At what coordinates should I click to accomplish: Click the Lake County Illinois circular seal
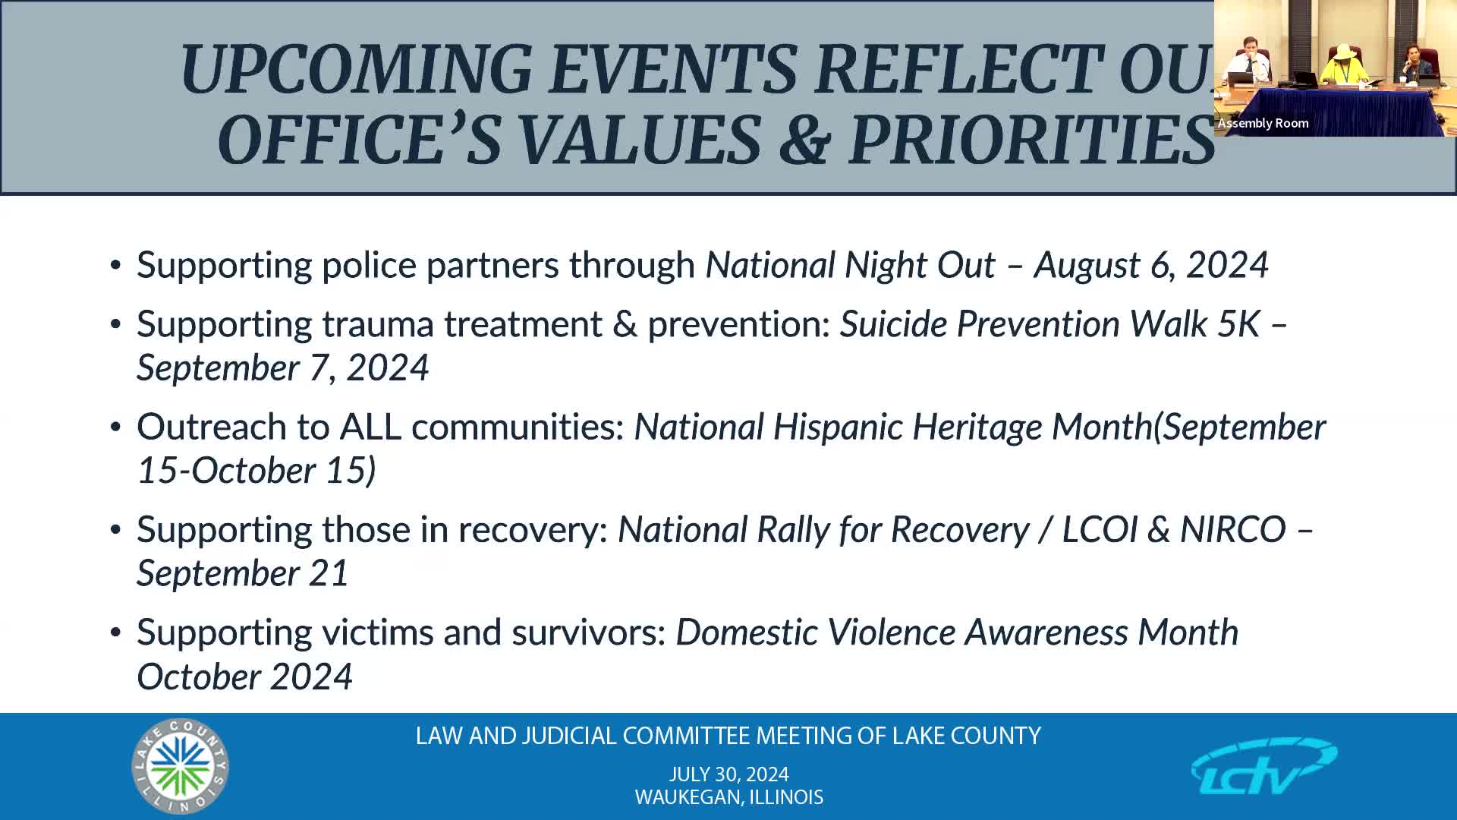(180, 766)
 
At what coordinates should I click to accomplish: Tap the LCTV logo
(1263, 767)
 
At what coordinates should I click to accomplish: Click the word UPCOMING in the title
(356, 69)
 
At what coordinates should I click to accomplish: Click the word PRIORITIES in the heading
(1031, 140)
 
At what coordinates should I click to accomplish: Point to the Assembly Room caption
(1263, 123)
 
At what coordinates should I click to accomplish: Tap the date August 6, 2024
(1150, 265)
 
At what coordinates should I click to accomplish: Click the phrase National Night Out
(850, 265)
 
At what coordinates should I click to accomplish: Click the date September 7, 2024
(282, 368)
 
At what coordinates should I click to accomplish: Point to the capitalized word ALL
(370, 427)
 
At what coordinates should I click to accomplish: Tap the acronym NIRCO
(1232, 529)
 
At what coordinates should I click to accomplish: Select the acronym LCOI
(1099, 529)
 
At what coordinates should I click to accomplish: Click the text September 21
(242, 573)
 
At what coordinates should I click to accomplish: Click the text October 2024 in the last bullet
(244, 676)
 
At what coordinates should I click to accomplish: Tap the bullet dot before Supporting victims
(115, 632)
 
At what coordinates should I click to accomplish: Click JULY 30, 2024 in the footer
(728, 774)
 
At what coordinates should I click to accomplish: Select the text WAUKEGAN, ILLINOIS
(728, 797)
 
